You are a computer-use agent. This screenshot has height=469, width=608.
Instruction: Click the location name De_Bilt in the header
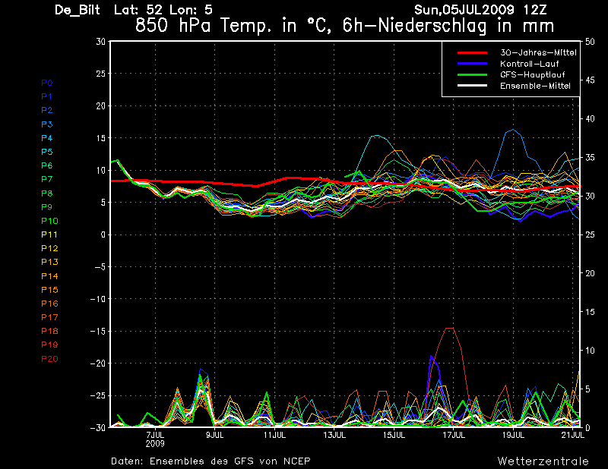pos(78,10)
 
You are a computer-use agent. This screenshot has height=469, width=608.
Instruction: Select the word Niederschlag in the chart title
pos(432,26)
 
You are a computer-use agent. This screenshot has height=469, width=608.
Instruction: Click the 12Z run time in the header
pos(535,10)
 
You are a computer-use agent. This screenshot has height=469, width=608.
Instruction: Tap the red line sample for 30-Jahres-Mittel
pos(472,52)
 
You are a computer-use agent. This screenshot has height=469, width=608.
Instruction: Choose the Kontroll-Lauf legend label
pos(529,64)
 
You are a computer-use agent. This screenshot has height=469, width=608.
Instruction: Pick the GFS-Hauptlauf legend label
pos(533,74)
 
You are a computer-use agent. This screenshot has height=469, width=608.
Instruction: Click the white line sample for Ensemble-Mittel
pos(472,86)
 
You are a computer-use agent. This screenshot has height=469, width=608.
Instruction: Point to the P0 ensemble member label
pos(47,83)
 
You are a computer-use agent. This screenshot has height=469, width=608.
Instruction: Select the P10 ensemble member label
pos(49,221)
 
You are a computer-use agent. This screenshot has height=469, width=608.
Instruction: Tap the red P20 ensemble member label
pos(49,359)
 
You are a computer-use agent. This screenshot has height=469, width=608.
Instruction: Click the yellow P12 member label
pos(49,248)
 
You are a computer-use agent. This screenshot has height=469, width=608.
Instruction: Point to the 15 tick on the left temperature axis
pos(101,138)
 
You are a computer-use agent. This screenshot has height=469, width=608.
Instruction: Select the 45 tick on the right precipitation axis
pos(590,80)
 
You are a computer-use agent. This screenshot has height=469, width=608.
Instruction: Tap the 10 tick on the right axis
pos(590,351)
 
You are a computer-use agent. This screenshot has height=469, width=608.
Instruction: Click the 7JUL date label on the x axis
pos(155,435)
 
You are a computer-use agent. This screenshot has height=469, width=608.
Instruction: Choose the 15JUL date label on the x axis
pos(394,435)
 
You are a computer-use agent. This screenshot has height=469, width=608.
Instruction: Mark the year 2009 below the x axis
pos(155,443)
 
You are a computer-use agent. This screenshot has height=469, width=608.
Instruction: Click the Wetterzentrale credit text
pos(543,461)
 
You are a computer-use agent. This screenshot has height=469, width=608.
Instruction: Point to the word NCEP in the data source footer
pos(296,461)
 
